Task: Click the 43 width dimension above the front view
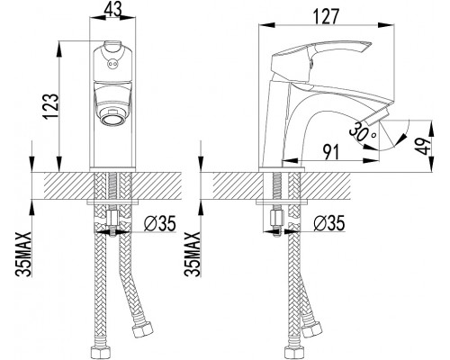[x=112, y=10]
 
